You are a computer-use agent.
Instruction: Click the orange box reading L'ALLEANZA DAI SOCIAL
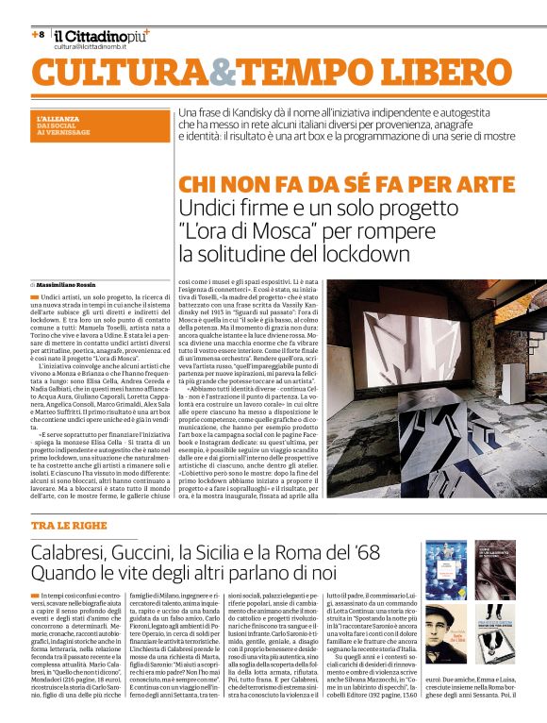(x=65, y=125)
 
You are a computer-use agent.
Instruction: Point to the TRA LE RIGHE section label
(x=63, y=524)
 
